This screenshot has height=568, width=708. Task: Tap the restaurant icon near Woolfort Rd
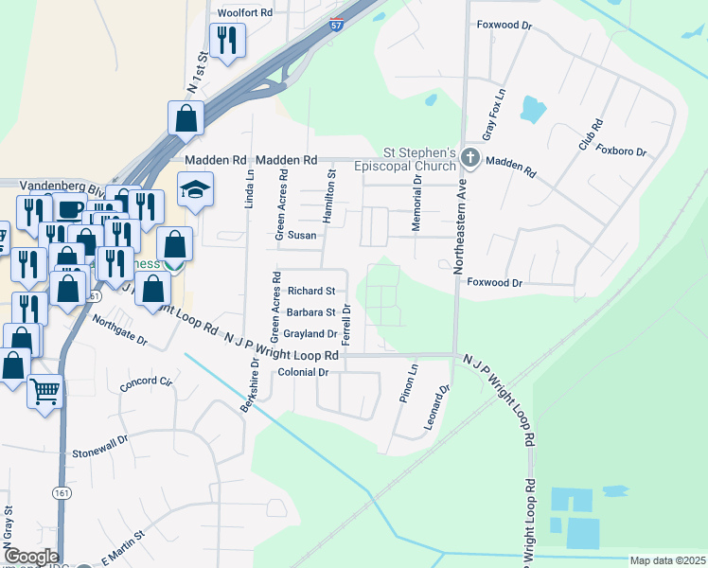(226, 40)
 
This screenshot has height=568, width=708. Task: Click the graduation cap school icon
(196, 193)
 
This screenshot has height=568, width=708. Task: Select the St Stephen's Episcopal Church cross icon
(470, 161)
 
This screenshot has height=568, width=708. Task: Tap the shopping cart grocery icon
(45, 390)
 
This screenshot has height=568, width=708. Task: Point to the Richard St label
(311, 291)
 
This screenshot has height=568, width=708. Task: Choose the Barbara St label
(311, 312)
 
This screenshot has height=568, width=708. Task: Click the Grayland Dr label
(310, 334)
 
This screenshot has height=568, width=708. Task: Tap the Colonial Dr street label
(303, 373)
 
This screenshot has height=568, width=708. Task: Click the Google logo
(30, 557)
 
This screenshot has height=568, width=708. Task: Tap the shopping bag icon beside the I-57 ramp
(186, 119)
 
